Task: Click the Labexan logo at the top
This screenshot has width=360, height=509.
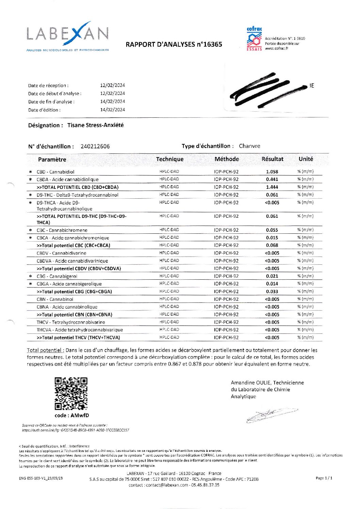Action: coord(67,36)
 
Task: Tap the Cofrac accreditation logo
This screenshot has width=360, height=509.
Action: coord(254,39)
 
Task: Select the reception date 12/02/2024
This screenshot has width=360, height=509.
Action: coord(113,85)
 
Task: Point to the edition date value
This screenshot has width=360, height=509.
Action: coord(113,110)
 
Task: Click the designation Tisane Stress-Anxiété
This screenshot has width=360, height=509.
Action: coord(95,125)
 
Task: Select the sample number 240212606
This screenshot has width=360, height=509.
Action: coord(95,146)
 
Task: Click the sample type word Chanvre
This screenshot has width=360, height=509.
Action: coord(249,146)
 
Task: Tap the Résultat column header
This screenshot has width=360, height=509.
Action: coord(272,159)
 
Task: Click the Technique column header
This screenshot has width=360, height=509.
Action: coord(169,159)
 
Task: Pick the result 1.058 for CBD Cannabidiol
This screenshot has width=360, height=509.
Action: coord(272,172)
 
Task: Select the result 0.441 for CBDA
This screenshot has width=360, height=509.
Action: coord(272,179)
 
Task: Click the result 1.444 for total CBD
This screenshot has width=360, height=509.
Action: coord(272,187)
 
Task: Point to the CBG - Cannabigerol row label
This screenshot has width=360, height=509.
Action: coord(57,276)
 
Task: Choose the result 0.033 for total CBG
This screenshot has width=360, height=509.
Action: coord(272,292)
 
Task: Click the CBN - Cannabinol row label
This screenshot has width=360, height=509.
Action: coord(55,299)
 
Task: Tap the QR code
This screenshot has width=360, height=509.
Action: coord(71,394)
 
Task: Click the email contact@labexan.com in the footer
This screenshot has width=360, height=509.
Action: coord(166,485)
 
